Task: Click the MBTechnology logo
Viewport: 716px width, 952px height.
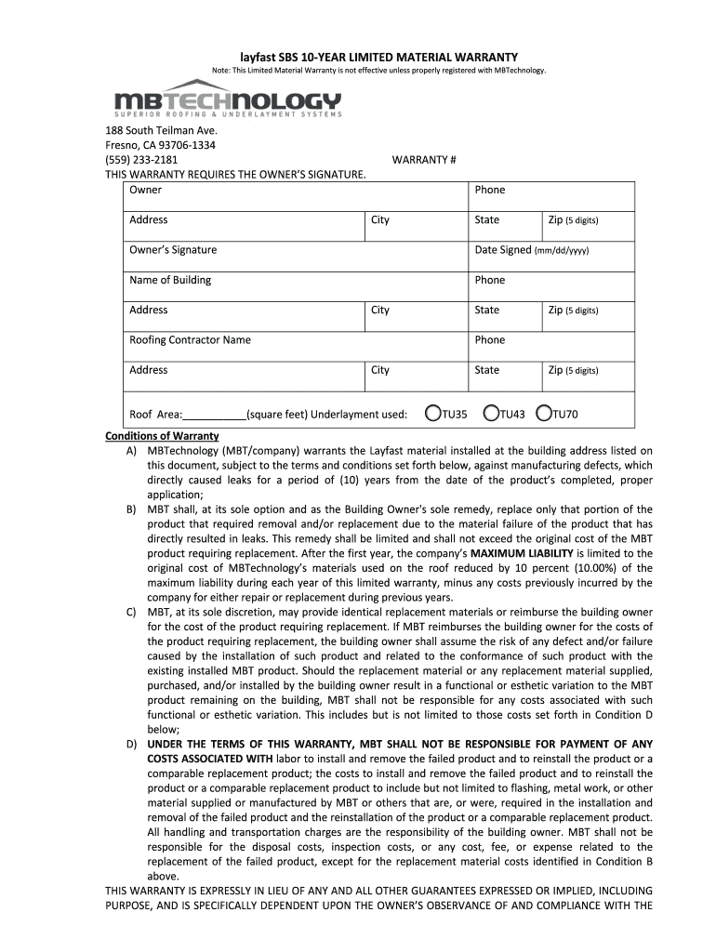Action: click(x=227, y=99)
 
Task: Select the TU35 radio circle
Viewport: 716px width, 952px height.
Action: click(x=432, y=414)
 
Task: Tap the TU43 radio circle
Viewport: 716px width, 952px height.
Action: click(x=490, y=414)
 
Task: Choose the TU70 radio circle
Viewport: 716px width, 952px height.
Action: click(x=544, y=414)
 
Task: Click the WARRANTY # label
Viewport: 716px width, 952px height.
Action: click(x=423, y=160)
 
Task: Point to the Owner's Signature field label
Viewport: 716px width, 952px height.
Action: click(x=173, y=250)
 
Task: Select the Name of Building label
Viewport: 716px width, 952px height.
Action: click(x=170, y=280)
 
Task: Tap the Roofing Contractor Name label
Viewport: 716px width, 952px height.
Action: click(x=190, y=340)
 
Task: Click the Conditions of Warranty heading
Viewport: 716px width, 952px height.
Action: click(x=162, y=436)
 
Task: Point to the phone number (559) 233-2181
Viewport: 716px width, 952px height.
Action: click(x=141, y=160)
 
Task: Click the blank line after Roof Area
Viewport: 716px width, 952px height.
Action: click(x=215, y=416)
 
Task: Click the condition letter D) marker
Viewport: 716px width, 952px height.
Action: click(x=132, y=744)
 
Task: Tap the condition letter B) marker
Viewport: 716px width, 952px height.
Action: click(x=132, y=509)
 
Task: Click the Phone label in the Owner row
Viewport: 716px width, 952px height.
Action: click(x=489, y=191)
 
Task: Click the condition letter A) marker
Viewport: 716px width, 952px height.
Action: click(x=132, y=451)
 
